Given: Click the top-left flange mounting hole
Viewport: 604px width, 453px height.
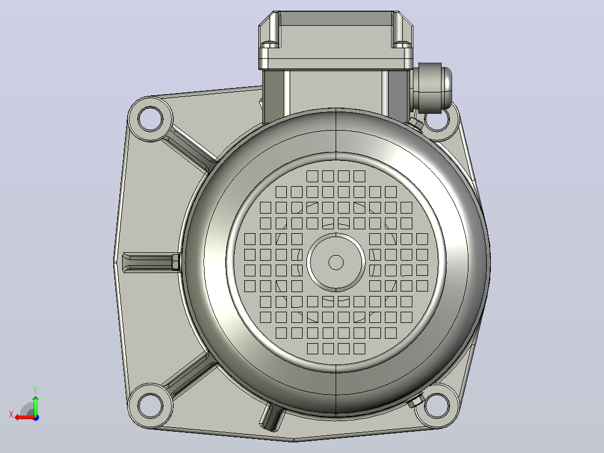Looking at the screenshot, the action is pyautogui.click(x=150, y=119).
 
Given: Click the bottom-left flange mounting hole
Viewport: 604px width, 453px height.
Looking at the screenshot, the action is pyautogui.click(x=150, y=405).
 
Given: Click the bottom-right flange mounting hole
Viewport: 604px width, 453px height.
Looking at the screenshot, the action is pyautogui.click(x=437, y=405).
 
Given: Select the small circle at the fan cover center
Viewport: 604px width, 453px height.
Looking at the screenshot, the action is pyautogui.click(x=336, y=262).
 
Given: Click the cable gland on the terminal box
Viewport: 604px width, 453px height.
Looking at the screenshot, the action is pyautogui.click(x=431, y=88).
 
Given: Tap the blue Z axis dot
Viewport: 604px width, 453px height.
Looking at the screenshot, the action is pyautogui.click(x=36, y=418).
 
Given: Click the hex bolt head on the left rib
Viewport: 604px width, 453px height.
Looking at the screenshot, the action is pyautogui.click(x=175, y=262).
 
